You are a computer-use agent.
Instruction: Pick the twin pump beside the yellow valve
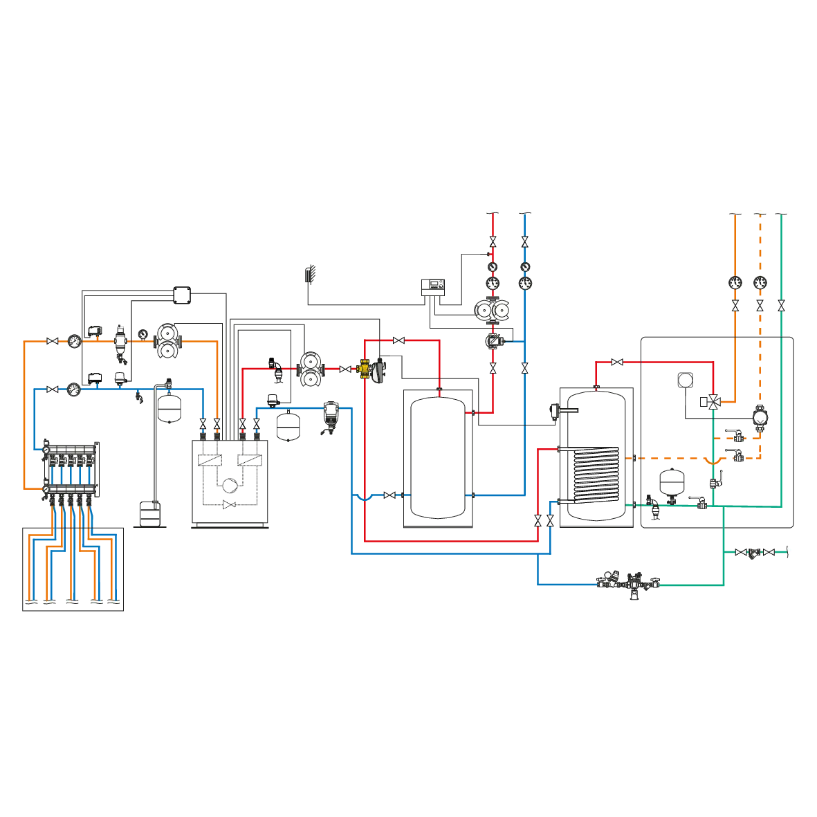(x=309, y=369)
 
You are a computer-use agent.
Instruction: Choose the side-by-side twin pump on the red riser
(x=492, y=310)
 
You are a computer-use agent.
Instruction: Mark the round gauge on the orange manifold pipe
(x=73, y=341)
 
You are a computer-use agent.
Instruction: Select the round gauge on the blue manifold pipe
(x=73, y=389)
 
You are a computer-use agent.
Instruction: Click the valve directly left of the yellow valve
(x=345, y=370)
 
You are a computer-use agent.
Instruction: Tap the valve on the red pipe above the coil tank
(x=617, y=361)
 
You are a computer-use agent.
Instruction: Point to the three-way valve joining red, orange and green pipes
(x=713, y=401)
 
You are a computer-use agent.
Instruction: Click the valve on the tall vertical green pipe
(x=781, y=304)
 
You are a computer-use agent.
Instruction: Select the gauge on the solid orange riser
(x=733, y=282)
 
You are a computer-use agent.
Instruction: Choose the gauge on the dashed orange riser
(x=760, y=282)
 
